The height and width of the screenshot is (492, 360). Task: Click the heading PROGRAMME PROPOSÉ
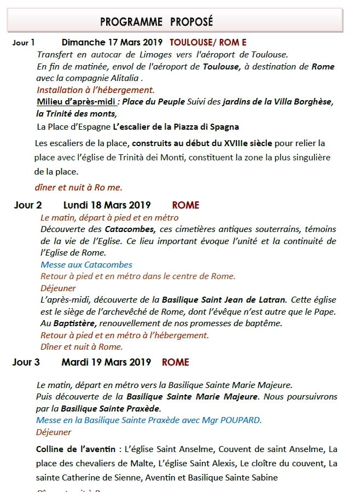156,22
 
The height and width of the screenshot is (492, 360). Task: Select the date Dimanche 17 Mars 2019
108,42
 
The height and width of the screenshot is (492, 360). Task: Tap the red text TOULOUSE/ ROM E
204,42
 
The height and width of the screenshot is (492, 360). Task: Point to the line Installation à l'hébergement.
96,90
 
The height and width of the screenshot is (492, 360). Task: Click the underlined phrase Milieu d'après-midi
77,102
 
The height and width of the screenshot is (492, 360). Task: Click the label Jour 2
27,206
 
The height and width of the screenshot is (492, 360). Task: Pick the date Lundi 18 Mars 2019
107,206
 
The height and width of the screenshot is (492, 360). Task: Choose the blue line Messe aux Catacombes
86,264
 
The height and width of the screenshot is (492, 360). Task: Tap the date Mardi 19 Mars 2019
106,362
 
